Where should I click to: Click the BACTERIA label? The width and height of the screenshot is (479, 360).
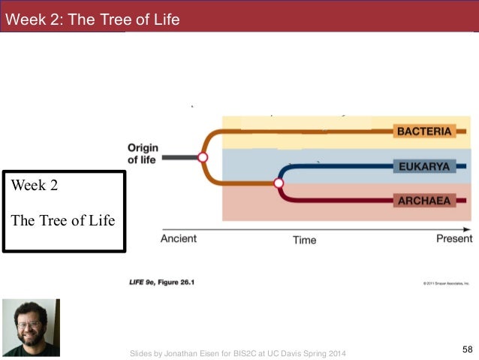(424, 132)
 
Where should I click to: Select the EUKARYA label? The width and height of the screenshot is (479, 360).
(424, 166)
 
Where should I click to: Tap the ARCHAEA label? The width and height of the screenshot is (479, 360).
(424, 201)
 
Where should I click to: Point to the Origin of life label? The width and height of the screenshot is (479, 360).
(143, 153)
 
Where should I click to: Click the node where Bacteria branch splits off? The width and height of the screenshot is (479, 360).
(202, 157)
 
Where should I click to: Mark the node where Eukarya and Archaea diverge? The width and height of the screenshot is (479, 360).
(279, 183)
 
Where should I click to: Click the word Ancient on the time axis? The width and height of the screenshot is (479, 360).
(179, 238)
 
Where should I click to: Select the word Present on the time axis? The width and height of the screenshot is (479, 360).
(454, 238)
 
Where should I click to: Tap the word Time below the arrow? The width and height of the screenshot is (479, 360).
(304, 240)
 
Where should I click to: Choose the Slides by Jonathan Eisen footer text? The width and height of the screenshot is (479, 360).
(239, 353)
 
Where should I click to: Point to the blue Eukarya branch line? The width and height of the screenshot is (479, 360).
(338, 166)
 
